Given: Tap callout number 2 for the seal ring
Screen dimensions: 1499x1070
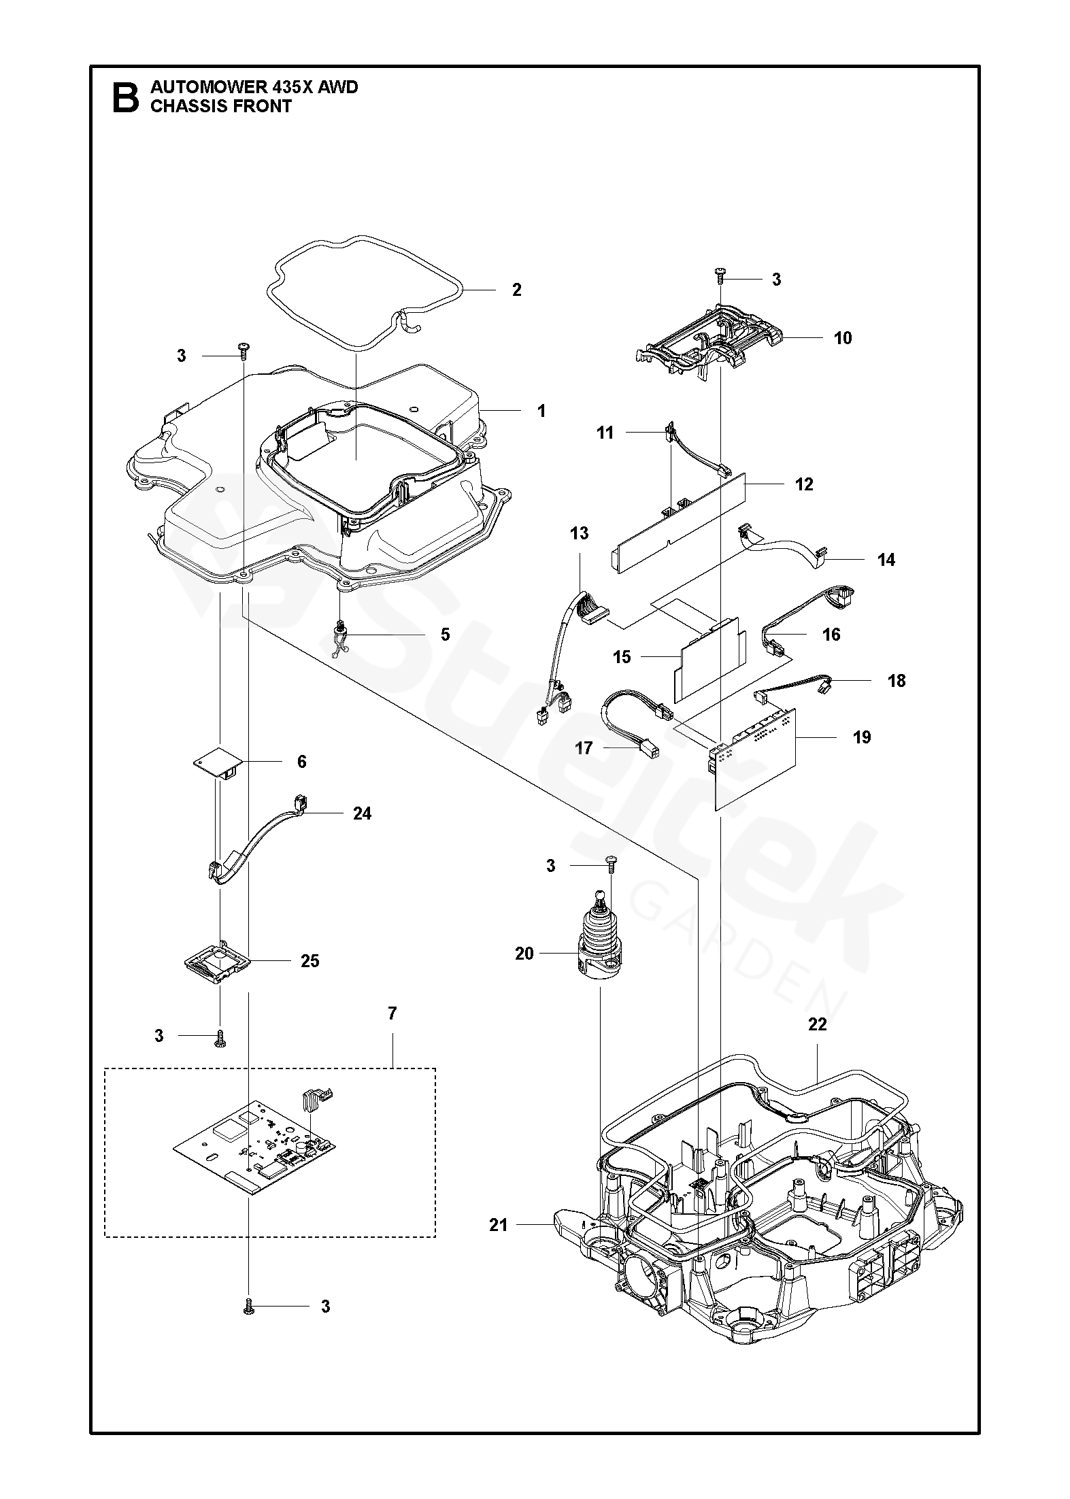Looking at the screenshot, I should tap(516, 290).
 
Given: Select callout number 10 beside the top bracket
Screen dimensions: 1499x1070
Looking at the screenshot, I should tap(842, 338).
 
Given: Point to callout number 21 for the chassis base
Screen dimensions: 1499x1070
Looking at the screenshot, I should tap(499, 1225).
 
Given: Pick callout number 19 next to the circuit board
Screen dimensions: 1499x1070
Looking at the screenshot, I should tap(861, 737).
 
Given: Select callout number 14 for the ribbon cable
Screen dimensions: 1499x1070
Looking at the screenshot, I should tap(886, 560).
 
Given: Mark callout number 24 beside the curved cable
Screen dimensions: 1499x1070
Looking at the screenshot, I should tap(362, 813).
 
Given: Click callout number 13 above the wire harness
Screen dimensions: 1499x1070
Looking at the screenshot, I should tap(579, 533).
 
